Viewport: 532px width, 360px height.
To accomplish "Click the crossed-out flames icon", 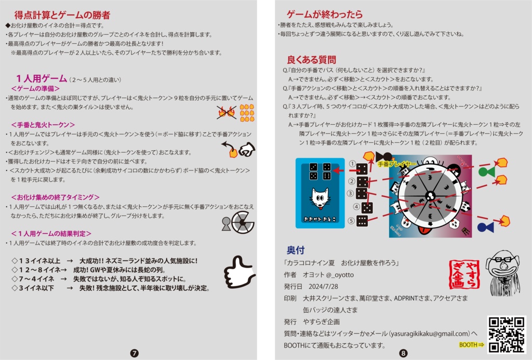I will pyautogui.click(x=227, y=112).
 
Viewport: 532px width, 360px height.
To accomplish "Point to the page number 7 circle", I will pyautogui.click(x=134, y=353).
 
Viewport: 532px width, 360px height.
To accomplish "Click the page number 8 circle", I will pyautogui.click(x=404, y=353).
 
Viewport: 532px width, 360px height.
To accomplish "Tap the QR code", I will pyautogui.click(x=506, y=335).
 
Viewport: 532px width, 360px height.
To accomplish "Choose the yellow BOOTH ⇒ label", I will pyautogui.click(x=471, y=344).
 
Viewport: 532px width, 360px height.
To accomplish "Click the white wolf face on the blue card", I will pyautogui.click(x=320, y=197).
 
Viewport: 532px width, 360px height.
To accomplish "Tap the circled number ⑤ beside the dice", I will pyautogui.click(x=352, y=221).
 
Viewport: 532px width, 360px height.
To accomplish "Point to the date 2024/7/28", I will pyautogui.click(x=320, y=286).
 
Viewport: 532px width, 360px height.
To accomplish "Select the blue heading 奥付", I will pyautogui.click(x=296, y=249).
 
